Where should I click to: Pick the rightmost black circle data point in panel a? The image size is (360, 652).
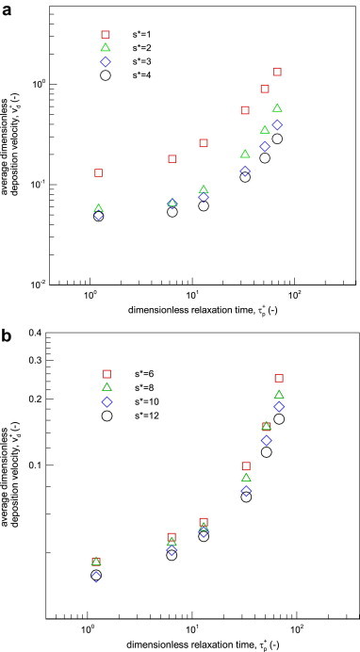[278, 139]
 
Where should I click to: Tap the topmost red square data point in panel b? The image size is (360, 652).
[279, 378]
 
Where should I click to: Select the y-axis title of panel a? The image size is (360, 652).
[13, 151]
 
